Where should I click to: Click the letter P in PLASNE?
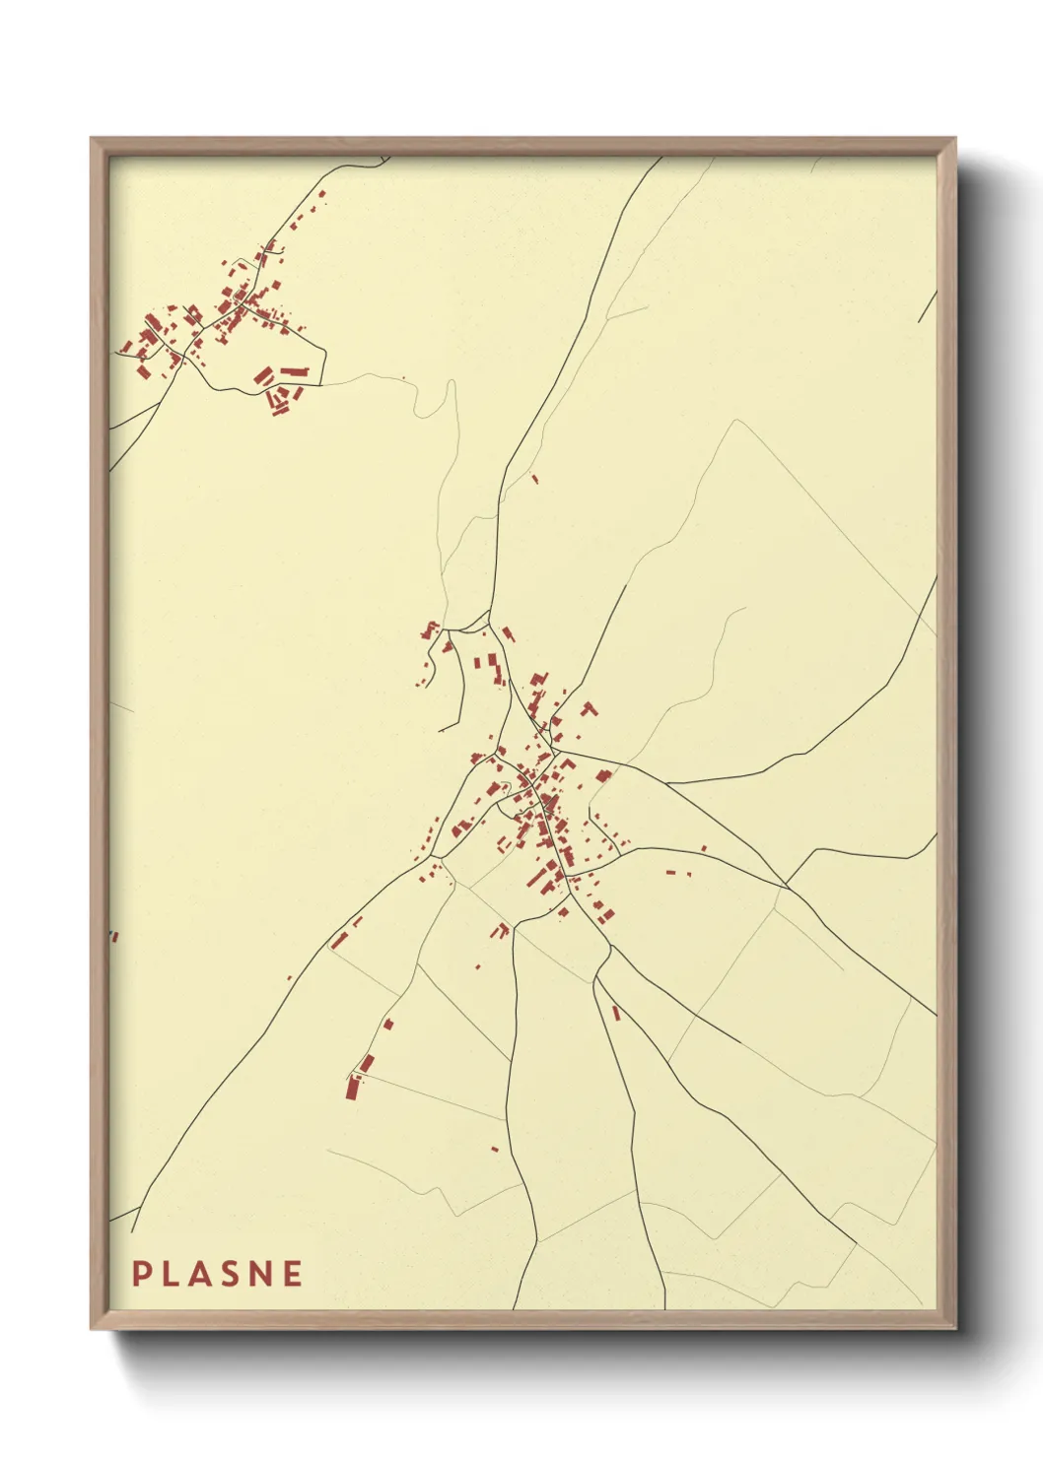141,1274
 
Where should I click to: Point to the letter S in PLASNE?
233,1274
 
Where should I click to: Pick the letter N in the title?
262,1274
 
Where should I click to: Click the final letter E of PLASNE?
293,1274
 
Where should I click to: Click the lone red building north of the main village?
535,480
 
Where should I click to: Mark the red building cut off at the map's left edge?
113,936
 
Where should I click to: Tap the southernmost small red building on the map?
495,1149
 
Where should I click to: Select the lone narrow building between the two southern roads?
616,1012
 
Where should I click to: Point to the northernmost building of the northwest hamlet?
322,194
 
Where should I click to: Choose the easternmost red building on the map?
704,847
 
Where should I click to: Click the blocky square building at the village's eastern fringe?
604,775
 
